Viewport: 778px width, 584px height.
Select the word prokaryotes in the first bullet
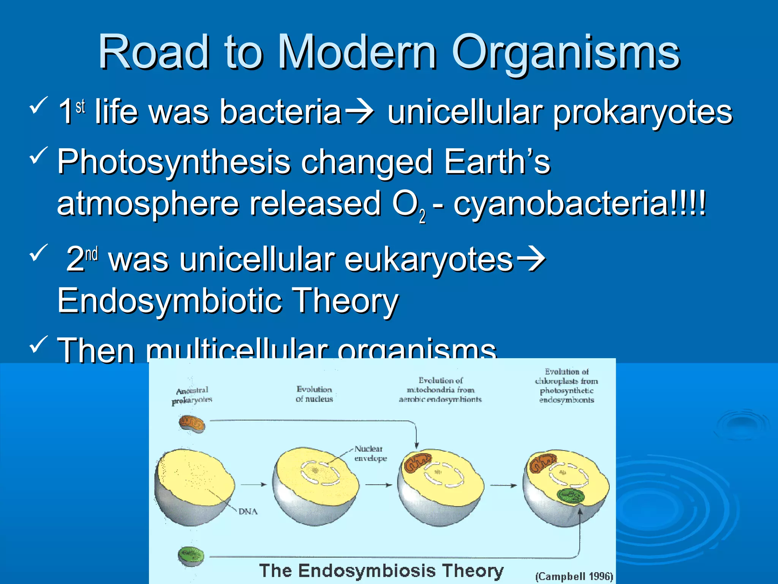(642, 113)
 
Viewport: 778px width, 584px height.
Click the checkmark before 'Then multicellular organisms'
(38, 344)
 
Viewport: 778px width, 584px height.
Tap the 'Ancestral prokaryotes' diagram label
(192, 395)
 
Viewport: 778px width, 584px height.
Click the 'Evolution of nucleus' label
(314, 394)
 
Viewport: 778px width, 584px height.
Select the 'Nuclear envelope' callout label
(370, 453)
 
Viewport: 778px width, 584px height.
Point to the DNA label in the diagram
(248, 512)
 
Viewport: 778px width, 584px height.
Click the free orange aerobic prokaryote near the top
(192, 424)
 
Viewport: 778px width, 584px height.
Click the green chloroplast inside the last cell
(570, 497)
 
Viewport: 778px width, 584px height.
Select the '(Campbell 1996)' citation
(574, 576)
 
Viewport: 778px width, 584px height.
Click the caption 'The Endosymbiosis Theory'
(381, 571)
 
